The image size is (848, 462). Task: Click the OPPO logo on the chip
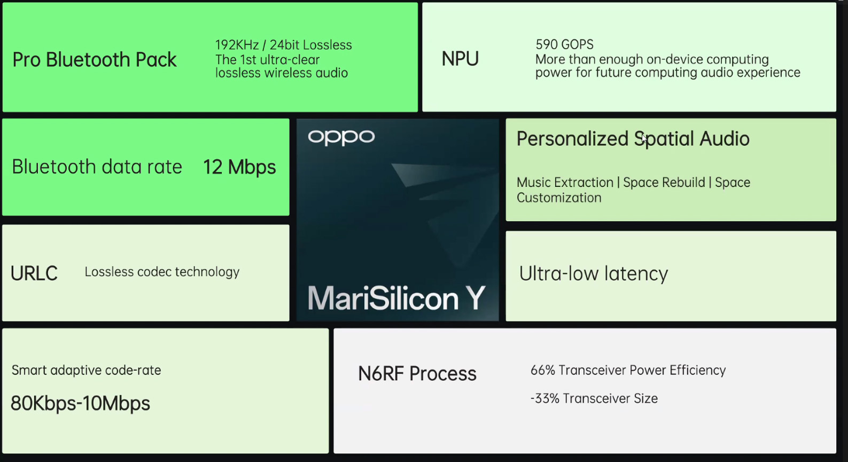pyautogui.click(x=341, y=137)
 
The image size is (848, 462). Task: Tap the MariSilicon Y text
pyautogui.click(x=396, y=299)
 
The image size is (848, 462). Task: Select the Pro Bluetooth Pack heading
pyautogui.click(x=94, y=60)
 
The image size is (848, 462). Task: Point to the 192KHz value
pyautogui.click(x=237, y=45)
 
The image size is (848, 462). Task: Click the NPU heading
pyautogui.click(x=460, y=59)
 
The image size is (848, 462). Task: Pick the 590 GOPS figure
pyautogui.click(x=564, y=44)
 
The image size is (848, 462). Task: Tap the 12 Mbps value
pyautogui.click(x=239, y=167)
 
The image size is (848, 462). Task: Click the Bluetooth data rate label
pyautogui.click(x=97, y=167)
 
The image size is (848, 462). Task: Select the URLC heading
pyautogui.click(x=34, y=273)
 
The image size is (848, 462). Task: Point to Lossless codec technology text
pyautogui.click(x=162, y=272)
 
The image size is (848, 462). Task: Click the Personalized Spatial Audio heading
pyautogui.click(x=633, y=139)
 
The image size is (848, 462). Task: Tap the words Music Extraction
pyautogui.click(x=565, y=183)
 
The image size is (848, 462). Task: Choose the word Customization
pyautogui.click(x=559, y=198)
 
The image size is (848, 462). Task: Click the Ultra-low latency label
pyautogui.click(x=593, y=274)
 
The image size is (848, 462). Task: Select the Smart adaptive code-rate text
pyautogui.click(x=86, y=370)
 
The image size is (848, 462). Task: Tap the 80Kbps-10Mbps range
pyautogui.click(x=80, y=403)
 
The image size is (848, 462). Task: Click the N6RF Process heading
pyautogui.click(x=417, y=374)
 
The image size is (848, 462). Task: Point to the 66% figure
pyautogui.click(x=542, y=371)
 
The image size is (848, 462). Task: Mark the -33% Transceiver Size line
pyautogui.click(x=594, y=398)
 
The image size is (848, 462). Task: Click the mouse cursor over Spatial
pyautogui.click(x=644, y=138)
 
